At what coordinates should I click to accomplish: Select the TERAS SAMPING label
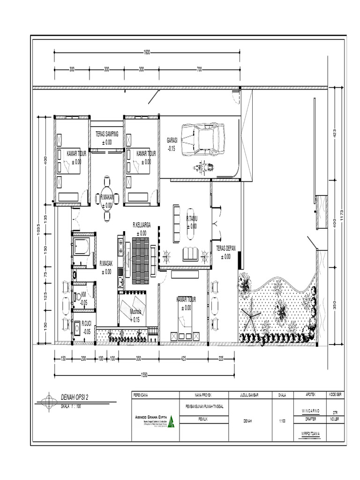click(107, 134)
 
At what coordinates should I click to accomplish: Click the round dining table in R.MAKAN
click(107, 198)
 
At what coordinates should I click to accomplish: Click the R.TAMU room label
click(191, 218)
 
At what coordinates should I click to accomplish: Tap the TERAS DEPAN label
click(226, 249)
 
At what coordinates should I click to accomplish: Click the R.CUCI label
click(86, 323)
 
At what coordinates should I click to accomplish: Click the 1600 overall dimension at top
click(147, 52)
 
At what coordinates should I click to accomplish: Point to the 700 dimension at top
click(199, 69)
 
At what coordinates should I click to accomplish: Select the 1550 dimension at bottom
click(145, 375)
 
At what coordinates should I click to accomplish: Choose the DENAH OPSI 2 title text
click(74, 397)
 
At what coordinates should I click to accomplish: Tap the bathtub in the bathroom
click(82, 247)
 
